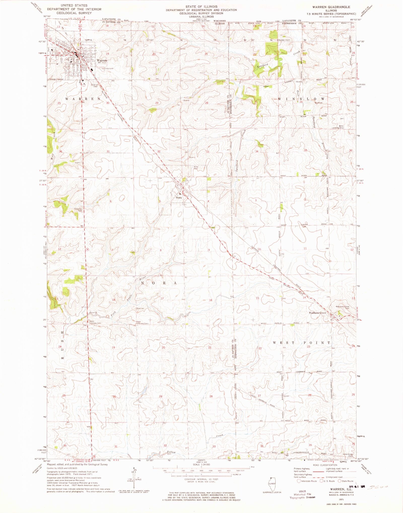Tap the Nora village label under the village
[x=179, y=197]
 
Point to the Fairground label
[x=108, y=68]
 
